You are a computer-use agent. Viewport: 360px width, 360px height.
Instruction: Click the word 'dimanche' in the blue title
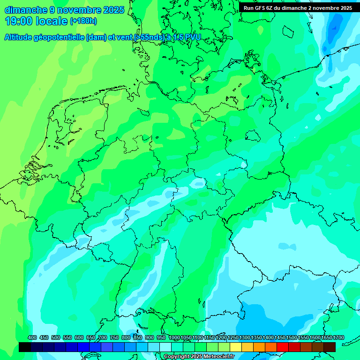(x=25, y=10)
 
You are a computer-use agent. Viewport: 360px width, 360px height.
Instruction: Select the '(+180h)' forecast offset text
(x=83, y=21)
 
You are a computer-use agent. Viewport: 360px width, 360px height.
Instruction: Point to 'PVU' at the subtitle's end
(x=191, y=37)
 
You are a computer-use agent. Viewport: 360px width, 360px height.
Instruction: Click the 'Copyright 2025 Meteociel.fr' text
(x=199, y=357)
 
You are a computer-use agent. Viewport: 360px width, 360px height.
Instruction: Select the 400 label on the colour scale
(x=32, y=338)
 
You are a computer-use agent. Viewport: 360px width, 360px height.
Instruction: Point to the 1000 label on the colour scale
(x=174, y=338)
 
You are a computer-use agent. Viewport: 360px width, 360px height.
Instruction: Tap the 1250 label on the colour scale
(x=233, y=338)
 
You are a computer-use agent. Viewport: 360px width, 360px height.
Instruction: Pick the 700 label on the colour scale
(x=103, y=338)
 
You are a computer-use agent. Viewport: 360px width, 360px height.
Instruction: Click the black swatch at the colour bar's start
(x=25, y=347)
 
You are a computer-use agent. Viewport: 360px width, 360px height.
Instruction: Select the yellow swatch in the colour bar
(x=236, y=347)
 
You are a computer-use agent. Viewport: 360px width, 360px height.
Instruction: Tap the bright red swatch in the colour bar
(x=283, y=347)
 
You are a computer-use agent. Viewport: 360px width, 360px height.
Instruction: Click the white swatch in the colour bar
(x=165, y=347)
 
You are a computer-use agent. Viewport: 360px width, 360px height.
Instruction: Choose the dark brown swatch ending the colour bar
(x=330, y=347)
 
